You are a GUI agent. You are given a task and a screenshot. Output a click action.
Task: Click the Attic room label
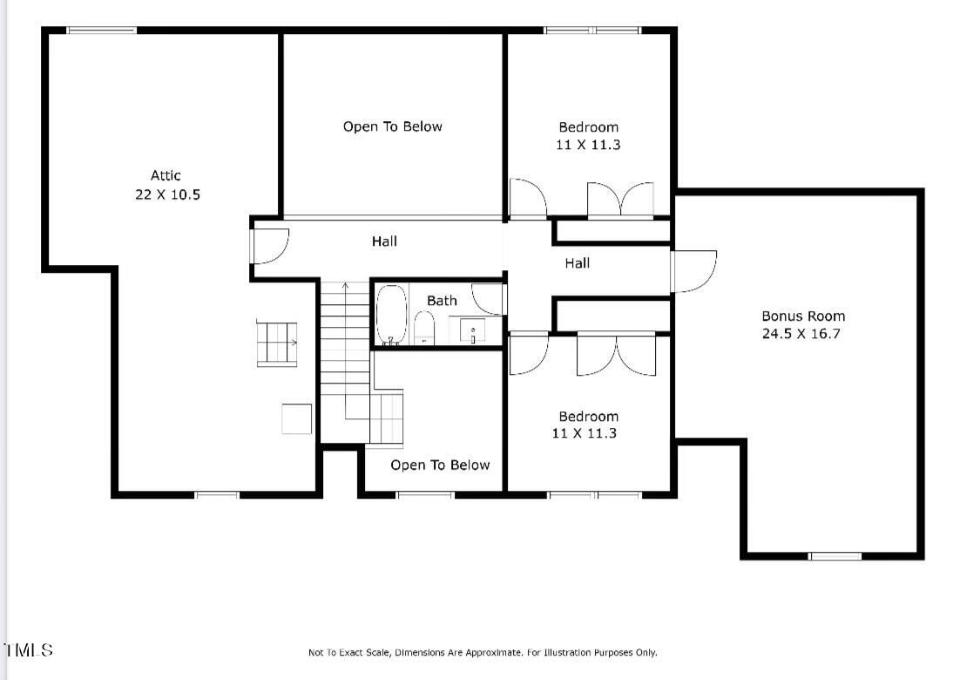[x=166, y=175]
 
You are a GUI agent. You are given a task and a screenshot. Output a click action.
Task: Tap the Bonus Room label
[x=803, y=316]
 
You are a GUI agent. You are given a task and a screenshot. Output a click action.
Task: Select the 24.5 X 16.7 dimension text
[x=801, y=333]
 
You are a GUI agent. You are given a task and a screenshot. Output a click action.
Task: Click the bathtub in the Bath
[x=392, y=314]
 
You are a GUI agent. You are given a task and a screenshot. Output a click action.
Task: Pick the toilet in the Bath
[x=424, y=329]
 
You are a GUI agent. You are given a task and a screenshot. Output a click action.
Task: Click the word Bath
[x=442, y=301]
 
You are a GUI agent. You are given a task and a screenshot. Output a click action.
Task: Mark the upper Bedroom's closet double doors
[x=620, y=200]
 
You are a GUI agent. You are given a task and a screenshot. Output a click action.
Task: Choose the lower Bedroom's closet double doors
[x=616, y=354]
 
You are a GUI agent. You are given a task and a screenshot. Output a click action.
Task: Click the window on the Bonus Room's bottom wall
[x=835, y=555]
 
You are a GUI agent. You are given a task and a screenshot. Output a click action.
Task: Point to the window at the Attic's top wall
[x=102, y=31]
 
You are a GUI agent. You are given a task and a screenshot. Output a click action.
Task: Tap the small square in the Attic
[x=296, y=418]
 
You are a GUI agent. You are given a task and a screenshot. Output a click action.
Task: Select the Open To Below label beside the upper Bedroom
[x=392, y=126]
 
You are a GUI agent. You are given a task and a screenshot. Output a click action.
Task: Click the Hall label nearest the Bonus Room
[x=577, y=262]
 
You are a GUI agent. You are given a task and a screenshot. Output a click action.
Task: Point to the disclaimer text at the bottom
[x=483, y=652]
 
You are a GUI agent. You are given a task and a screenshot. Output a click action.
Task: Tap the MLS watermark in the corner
[x=28, y=650]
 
